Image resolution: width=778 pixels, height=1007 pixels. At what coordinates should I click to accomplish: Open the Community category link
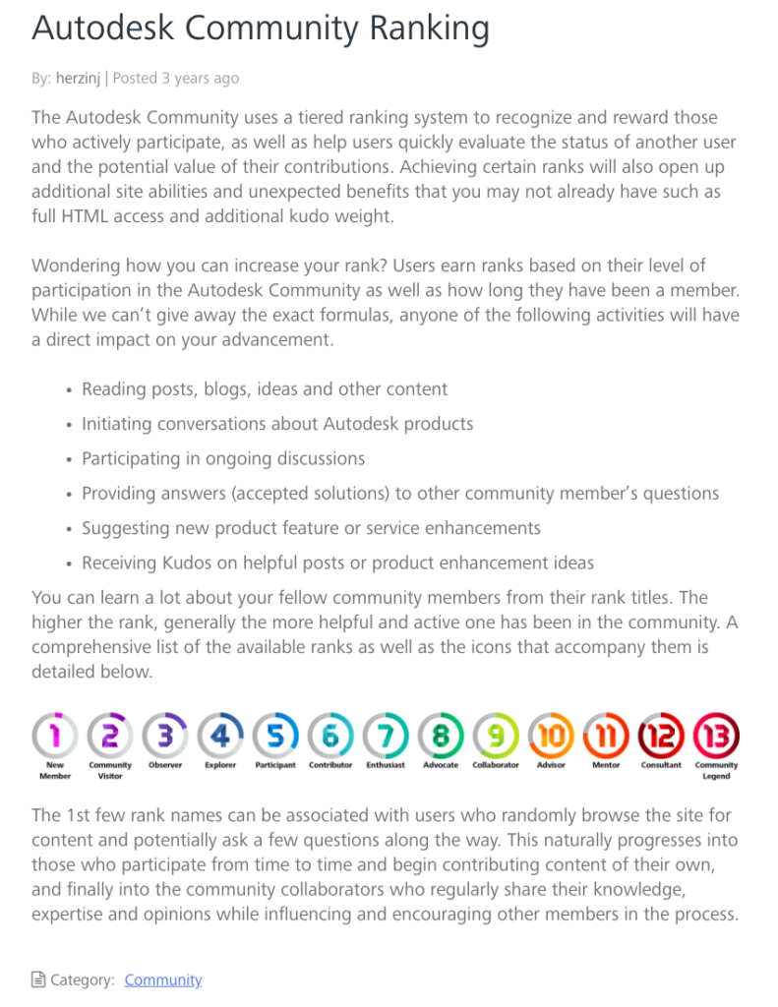coord(163,979)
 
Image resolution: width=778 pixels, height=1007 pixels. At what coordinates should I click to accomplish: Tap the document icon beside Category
coord(38,979)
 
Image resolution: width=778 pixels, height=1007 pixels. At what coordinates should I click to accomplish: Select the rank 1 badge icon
coord(55,734)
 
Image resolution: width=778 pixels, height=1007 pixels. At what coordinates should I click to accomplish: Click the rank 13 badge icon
coord(716,734)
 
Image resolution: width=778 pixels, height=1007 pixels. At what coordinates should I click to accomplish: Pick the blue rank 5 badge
coord(275,734)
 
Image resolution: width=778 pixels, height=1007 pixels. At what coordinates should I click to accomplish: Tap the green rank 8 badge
coord(441,734)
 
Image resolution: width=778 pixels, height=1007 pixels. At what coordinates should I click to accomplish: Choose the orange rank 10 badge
coord(551,734)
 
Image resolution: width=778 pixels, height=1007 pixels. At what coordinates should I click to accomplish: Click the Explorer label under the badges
coord(220,765)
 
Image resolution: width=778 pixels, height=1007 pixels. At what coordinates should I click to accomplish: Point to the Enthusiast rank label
coord(386,765)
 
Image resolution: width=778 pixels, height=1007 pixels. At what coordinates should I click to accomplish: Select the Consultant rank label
coord(661,765)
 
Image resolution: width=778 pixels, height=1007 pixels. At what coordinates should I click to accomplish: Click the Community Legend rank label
coord(716,770)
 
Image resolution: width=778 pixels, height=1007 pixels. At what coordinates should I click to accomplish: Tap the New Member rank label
coord(55,770)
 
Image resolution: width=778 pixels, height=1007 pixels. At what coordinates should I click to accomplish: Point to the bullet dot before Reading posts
coord(69,390)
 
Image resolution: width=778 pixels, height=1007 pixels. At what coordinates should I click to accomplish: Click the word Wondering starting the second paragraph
coord(78,266)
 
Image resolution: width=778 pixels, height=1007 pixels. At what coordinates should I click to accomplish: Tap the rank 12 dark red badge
coord(661,734)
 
